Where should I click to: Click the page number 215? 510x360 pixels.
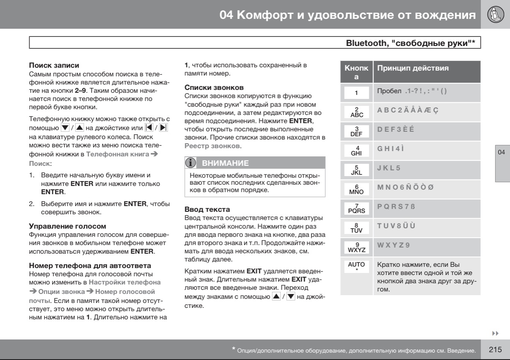tap(495, 350)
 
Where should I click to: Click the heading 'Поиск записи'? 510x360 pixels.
tap(54, 65)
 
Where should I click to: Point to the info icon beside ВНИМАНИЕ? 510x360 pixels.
tap(192, 163)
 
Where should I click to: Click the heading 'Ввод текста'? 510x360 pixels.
tap(207, 209)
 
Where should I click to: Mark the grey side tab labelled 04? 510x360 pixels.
tap(502, 164)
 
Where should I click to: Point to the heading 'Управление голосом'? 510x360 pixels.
tap(64, 226)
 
